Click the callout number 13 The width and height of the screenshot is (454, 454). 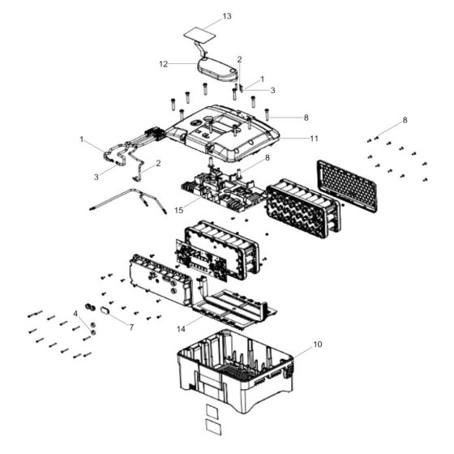(x=227, y=16)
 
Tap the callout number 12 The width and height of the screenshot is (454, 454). (x=163, y=63)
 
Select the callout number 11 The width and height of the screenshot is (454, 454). (x=314, y=138)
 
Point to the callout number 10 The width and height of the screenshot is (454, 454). (x=318, y=345)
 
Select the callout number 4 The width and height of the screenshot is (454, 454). (x=76, y=312)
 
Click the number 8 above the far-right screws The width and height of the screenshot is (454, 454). (x=405, y=120)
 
